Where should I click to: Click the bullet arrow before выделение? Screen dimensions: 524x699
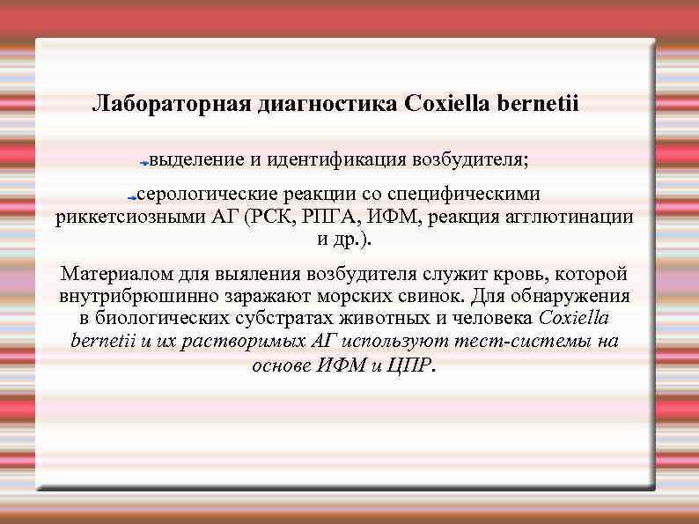point(143,162)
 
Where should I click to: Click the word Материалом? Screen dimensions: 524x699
point(111,273)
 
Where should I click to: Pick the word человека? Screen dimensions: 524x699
point(491,318)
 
